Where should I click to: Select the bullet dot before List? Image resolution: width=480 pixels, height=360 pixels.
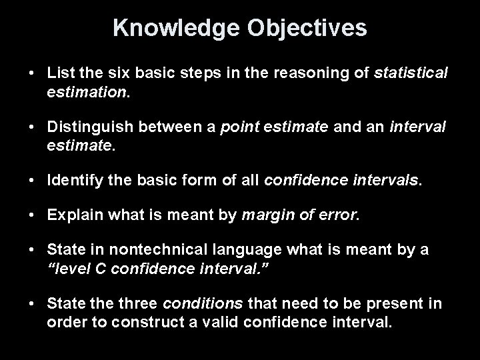32,72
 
